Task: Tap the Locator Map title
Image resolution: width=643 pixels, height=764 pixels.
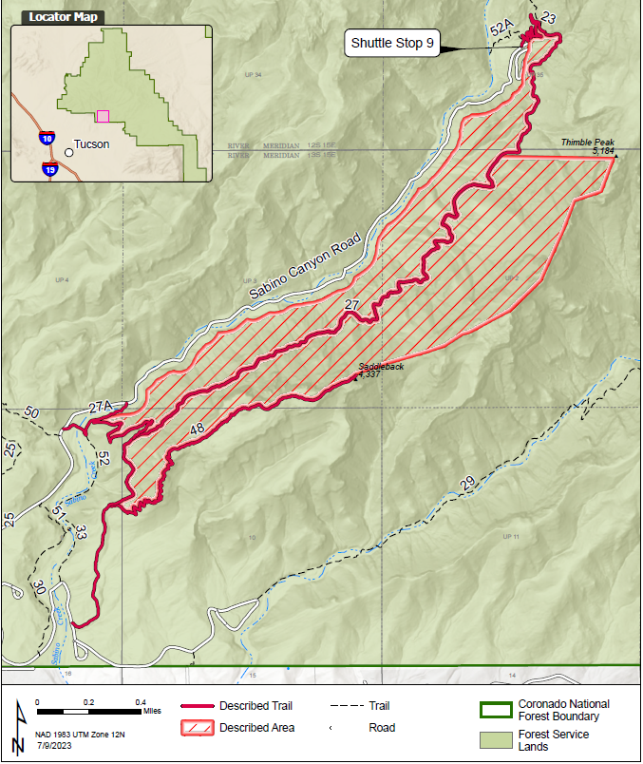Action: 63,17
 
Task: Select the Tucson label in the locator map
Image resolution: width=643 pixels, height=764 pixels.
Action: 91,144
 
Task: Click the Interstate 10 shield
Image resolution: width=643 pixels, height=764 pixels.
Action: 47,139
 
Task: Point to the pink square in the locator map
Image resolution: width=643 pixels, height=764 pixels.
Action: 103,116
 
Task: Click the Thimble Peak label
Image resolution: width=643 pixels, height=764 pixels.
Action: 587,143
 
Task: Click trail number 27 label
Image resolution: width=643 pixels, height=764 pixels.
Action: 352,305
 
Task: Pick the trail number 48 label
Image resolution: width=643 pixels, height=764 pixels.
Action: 198,430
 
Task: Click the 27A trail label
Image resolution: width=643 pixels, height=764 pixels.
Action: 101,407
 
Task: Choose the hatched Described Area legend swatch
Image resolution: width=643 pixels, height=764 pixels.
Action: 197,728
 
